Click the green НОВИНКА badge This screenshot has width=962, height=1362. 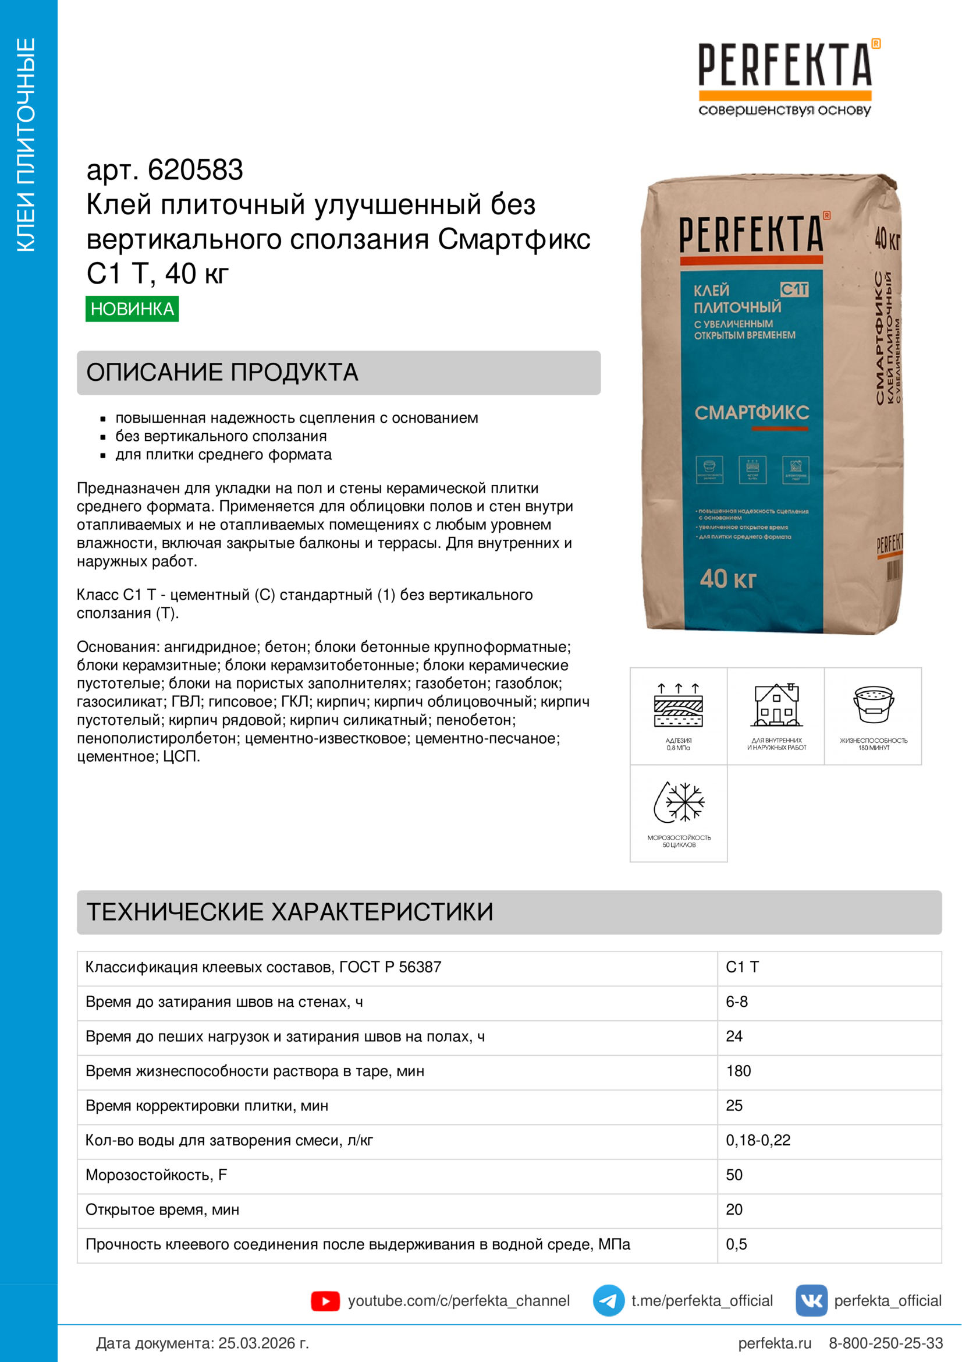click(132, 309)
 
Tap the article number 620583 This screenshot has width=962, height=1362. click(195, 170)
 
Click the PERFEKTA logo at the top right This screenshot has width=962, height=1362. click(785, 77)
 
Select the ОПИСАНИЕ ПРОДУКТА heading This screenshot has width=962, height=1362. click(222, 373)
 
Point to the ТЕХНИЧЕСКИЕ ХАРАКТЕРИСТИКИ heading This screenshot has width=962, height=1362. click(290, 912)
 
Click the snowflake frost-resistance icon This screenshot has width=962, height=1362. click(679, 802)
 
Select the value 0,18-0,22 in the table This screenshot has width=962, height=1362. click(758, 1140)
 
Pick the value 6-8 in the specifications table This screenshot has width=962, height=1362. click(737, 1002)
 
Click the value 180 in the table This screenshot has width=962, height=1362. click(739, 1071)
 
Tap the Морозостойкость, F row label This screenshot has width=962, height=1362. click(157, 1174)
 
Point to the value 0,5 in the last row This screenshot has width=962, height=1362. click(736, 1244)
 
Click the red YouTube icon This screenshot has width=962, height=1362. click(325, 1301)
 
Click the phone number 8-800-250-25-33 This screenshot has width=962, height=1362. click(886, 1343)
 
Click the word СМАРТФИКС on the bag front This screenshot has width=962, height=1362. click(751, 413)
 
